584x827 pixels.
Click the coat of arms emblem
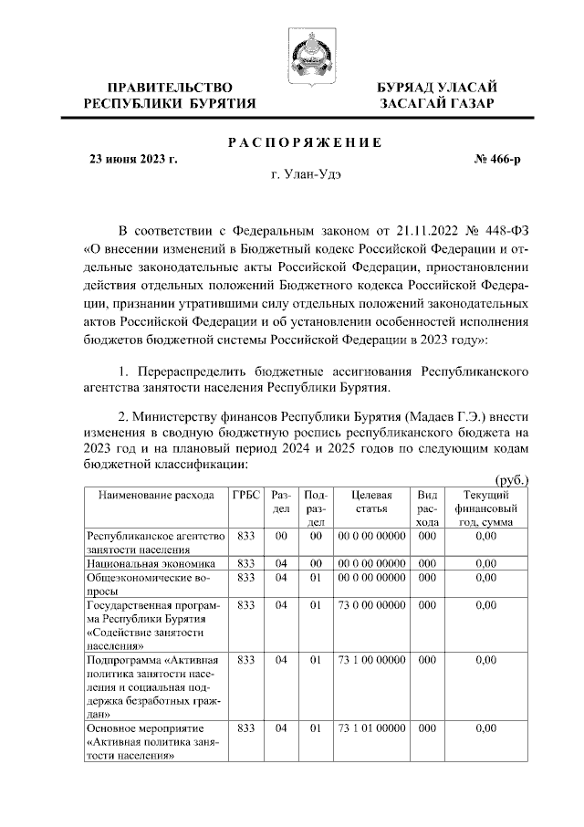tap(302, 54)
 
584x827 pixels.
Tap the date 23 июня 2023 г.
tap(132, 159)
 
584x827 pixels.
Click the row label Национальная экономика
tap(149, 563)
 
